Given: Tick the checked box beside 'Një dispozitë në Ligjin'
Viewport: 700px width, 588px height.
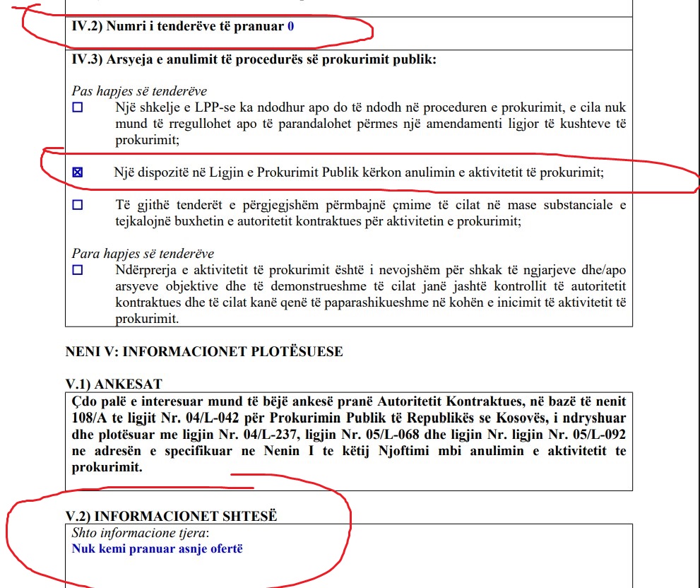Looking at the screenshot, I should pyautogui.click(x=78, y=172).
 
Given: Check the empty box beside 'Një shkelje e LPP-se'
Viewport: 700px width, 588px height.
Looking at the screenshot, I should pyautogui.click(x=78, y=108).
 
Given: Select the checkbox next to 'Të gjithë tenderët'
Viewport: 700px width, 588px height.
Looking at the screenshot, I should pyautogui.click(x=78, y=205).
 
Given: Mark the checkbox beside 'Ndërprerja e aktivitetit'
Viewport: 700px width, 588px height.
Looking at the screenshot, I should pyautogui.click(x=78, y=269).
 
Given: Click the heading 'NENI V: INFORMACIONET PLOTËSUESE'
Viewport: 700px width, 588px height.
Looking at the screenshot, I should pyautogui.click(x=204, y=352).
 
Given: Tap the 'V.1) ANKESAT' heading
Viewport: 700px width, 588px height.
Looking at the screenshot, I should pyautogui.click(x=114, y=384).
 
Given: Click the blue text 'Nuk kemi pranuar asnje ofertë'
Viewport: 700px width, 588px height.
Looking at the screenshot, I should pyautogui.click(x=157, y=548).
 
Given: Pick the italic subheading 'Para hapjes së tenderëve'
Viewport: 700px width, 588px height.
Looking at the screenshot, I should pyautogui.click(x=143, y=253).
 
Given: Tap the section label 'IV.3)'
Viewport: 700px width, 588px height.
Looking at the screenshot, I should pyautogui.click(x=87, y=59).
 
